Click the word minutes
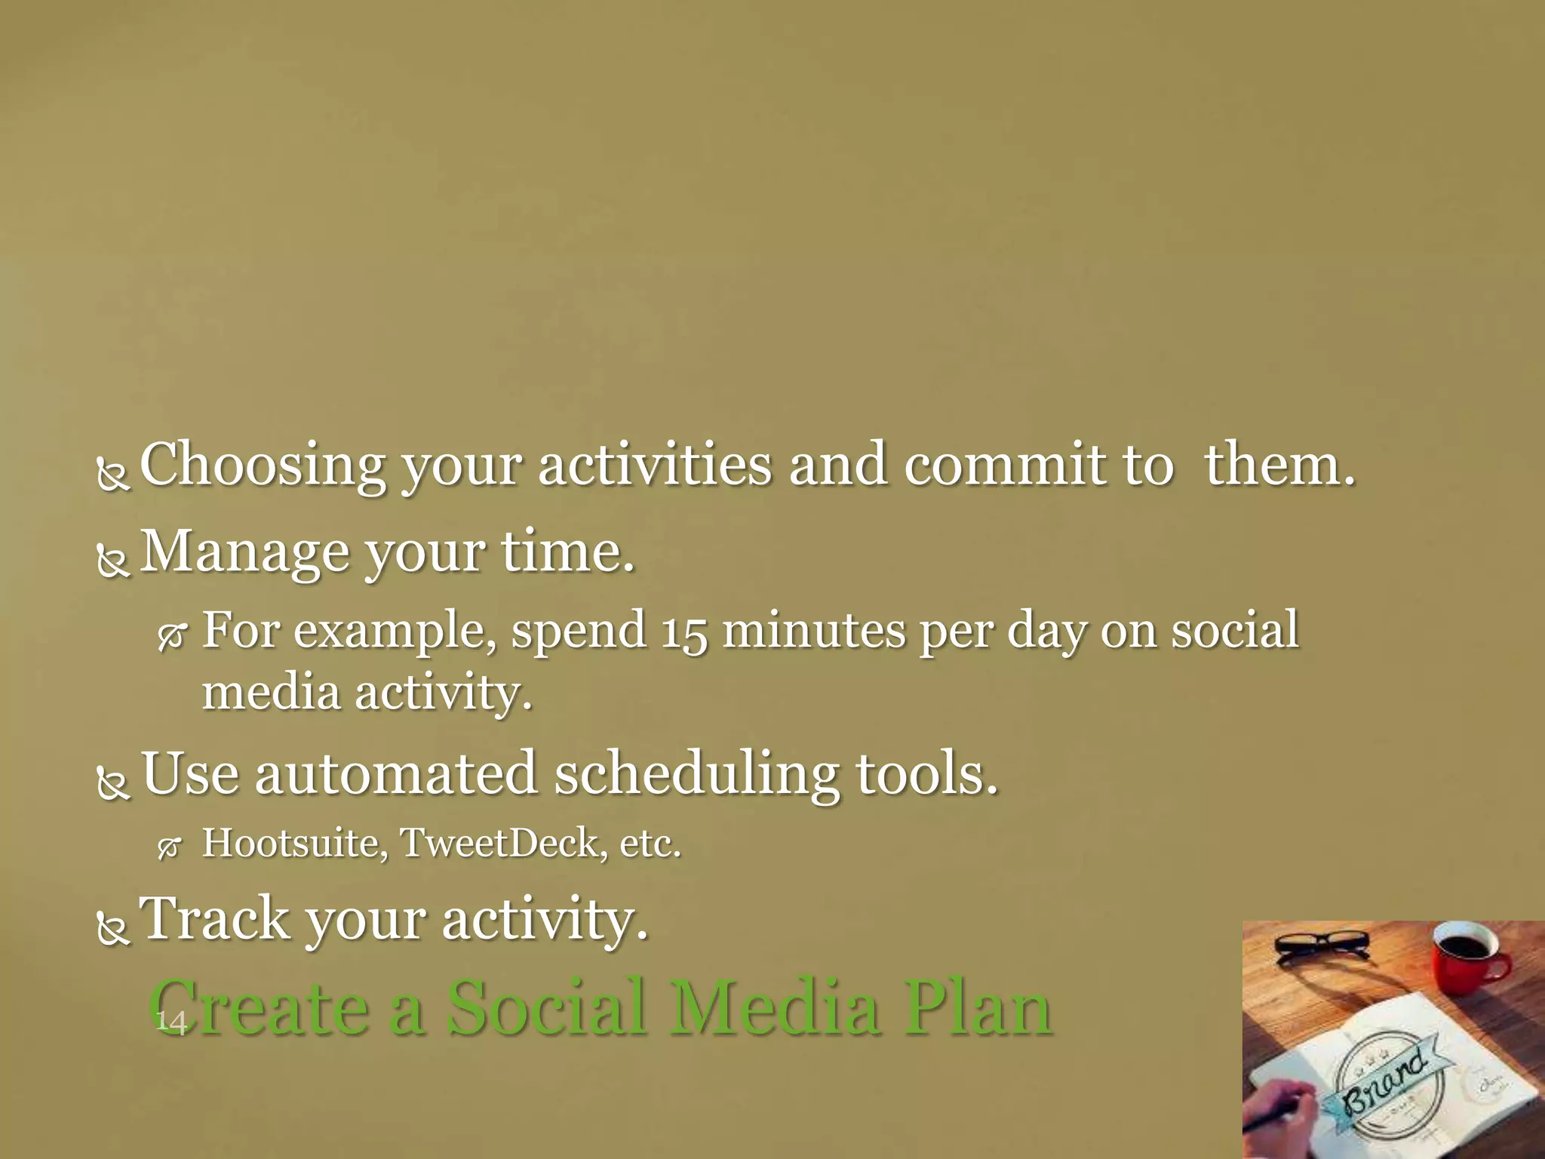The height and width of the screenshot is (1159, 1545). point(813,630)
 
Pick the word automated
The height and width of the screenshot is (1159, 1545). point(395,774)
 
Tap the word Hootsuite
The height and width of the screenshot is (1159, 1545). point(295,844)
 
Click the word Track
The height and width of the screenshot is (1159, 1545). point(216,919)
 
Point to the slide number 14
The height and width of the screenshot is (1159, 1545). point(170,1022)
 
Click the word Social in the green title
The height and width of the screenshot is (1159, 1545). point(548,1008)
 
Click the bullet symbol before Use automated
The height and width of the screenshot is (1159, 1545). point(114,782)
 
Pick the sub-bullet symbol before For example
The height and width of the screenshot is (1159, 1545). point(171,638)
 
